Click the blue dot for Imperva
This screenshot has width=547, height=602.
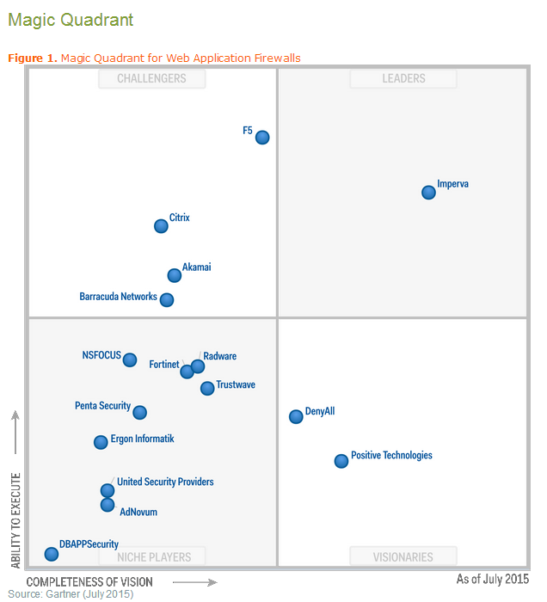coord(428,192)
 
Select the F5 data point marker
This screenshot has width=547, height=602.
coord(262,137)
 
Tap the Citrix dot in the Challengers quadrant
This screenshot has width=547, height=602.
coord(161,226)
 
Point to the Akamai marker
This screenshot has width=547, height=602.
coord(175,275)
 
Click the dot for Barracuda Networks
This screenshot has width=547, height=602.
coord(167,300)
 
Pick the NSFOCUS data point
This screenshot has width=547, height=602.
coord(129,360)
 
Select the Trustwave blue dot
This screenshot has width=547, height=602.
coord(207,388)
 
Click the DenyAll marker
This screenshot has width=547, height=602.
coord(296,416)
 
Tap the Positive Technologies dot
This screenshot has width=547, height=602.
coord(341,461)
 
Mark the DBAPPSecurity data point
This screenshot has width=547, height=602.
coord(52,554)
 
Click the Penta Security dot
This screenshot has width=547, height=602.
coord(139,413)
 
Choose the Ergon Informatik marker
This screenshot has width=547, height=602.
coord(101,442)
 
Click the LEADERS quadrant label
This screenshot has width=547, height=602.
coord(403,78)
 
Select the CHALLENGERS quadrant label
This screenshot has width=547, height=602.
coord(152,78)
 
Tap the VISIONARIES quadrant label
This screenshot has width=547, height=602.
coord(403,557)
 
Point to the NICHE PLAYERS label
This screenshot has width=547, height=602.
coord(152,557)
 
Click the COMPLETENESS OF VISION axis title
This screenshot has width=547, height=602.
coord(89,582)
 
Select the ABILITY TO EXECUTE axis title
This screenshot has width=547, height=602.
coord(15,519)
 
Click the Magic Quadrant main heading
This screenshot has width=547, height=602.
coord(71,19)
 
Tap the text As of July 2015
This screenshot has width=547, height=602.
coord(492,580)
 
